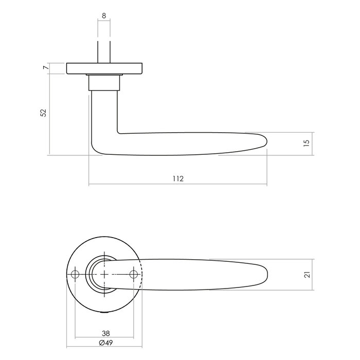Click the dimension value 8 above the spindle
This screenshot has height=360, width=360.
tap(104, 16)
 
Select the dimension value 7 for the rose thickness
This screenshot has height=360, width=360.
tap(46, 68)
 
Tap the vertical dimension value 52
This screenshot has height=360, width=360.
tap(44, 112)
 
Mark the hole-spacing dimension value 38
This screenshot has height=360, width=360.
tap(106, 333)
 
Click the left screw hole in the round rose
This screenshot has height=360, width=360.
tap(75, 275)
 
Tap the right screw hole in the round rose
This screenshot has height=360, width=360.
tap(136, 275)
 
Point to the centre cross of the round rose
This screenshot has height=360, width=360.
tap(105, 275)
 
